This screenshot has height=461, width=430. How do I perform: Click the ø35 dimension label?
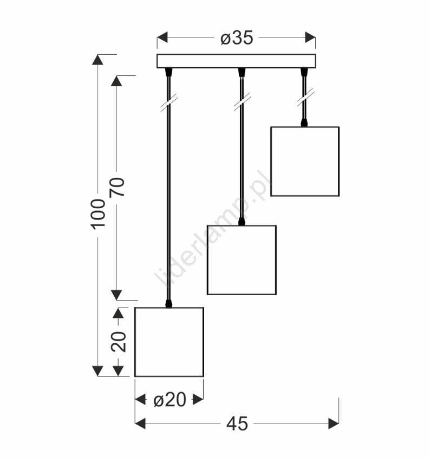237,38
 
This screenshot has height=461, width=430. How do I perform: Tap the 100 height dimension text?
97,214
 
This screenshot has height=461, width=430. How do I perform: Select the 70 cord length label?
117,187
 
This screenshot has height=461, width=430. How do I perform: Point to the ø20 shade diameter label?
170,400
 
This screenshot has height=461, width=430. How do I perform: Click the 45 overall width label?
237,424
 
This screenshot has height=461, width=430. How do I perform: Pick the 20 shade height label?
119,342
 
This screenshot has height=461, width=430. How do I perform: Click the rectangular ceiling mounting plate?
236,61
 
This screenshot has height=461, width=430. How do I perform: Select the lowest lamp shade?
169,342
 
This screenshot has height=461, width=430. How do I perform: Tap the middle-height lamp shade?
242,260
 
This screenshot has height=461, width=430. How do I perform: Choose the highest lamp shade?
305,162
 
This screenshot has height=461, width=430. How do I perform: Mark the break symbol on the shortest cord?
305,97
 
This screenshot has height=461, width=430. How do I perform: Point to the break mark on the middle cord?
242,101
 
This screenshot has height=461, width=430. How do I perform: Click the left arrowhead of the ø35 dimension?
162,37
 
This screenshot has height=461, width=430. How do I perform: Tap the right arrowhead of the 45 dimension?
334,424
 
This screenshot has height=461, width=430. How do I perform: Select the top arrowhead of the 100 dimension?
97,60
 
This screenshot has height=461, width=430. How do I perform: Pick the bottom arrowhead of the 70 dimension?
116,295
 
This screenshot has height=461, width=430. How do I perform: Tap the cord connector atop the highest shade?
304,123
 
